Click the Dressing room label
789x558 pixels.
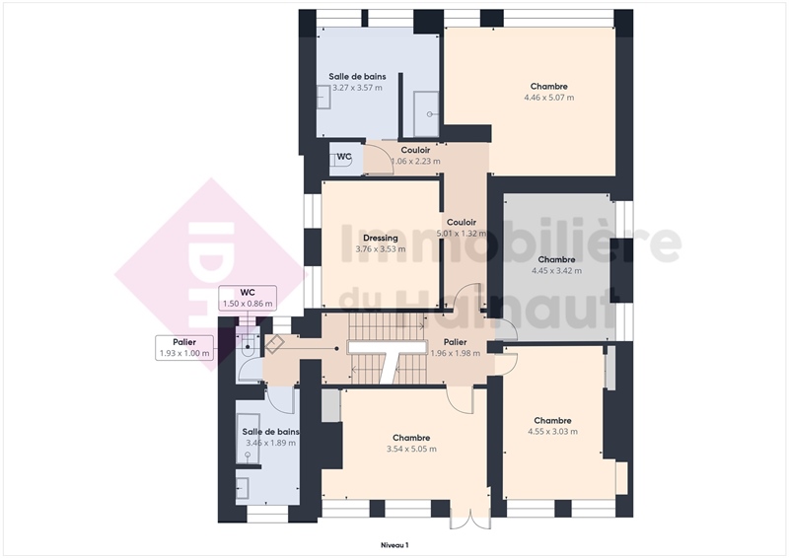(x=381, y=238)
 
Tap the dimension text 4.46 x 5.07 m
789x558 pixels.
(x=549, y=98)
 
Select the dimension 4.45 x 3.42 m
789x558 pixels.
(x=556, y=271)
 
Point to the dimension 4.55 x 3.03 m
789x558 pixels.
(x=552, y=432)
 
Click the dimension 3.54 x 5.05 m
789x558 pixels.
(x=411, y=449)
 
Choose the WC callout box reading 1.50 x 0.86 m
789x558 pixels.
(x=248, y=299)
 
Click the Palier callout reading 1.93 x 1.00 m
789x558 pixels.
(x=184, y=348)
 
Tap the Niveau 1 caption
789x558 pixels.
(x=394, y=545)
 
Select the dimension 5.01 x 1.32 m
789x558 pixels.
(x=462, y=234)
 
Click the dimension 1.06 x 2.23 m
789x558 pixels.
(x=415, y=162)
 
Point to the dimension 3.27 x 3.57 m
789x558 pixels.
(x=357, y=88)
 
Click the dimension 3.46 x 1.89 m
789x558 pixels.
(x=270, y=444)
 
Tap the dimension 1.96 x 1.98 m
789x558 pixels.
(x=455, y=353)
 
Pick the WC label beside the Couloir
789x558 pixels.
(x=344, y=157)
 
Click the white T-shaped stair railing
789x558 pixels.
(x=388, y=358)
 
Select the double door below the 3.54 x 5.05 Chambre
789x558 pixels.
(x=470, y=519)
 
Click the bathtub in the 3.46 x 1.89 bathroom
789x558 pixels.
(x=249, y=439)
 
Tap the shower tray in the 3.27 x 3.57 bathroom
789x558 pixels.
(x=426, y=114)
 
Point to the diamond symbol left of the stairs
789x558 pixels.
(x=275, y=344)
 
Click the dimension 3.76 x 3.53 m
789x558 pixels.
(x=381, y=249)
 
